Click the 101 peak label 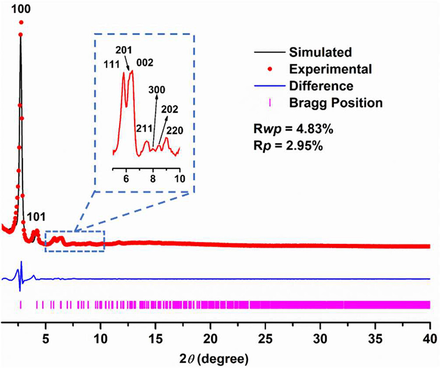(x=36, y=217)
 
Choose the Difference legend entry (x=321, y=86)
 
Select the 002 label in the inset (x=145, y=63)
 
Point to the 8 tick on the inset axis (x=153, y=179)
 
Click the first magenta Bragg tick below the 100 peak (x=20, y=305)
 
